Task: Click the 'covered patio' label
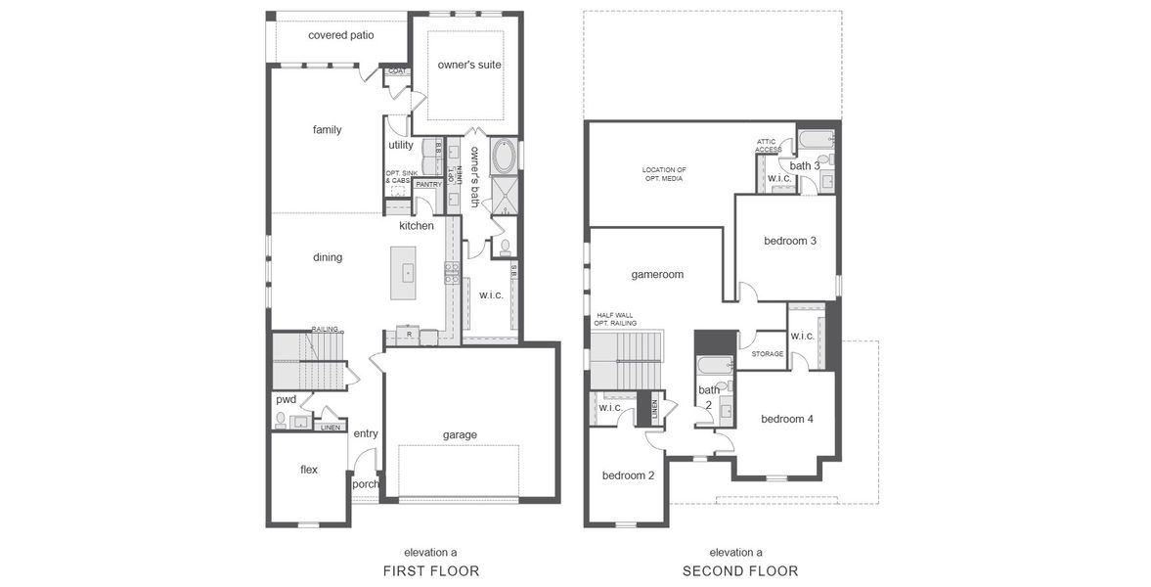coord(340,35)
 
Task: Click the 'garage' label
coord(459,434)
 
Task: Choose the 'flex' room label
coord(309,470)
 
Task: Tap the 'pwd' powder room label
coord(286,399)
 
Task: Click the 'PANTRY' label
coord(428,184)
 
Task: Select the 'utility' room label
coord(401,146)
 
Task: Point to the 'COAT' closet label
coord(397,71)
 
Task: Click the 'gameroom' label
coord(656,275)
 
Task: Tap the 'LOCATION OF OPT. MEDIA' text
coord(664,174)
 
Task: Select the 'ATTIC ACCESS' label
coord(767,145)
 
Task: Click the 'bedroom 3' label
coord(789,241)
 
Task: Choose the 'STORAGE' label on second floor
coord(768,354)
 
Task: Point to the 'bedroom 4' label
coord(787,419)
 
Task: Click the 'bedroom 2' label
coord(628,475)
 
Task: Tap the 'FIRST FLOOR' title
coord(431,570)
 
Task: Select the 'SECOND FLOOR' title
coord(739,570)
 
